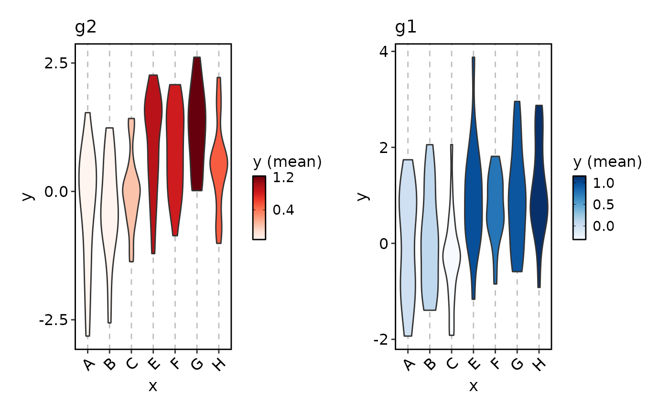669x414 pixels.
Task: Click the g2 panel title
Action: [86, 27]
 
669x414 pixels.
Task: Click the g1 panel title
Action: [406, 27]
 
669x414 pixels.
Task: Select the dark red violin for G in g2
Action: [197, 124]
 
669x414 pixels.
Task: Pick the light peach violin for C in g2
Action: [131, 191]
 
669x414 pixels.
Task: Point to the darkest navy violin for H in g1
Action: [539, 201]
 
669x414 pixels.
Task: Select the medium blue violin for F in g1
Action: [495, 206]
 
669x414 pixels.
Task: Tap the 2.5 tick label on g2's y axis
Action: [56, 63]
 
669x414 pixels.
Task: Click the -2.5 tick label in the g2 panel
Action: [54, 320]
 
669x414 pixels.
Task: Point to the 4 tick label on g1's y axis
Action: [385, 51]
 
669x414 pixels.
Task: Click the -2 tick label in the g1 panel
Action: [381, 339]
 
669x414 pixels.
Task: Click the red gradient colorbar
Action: [259, 207]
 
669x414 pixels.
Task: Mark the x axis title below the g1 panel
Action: [473, 386]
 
